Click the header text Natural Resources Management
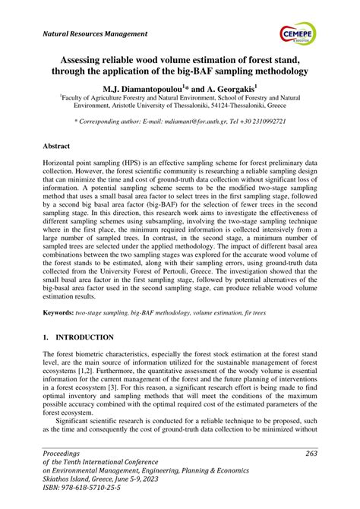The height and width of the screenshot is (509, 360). point(95,34)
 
